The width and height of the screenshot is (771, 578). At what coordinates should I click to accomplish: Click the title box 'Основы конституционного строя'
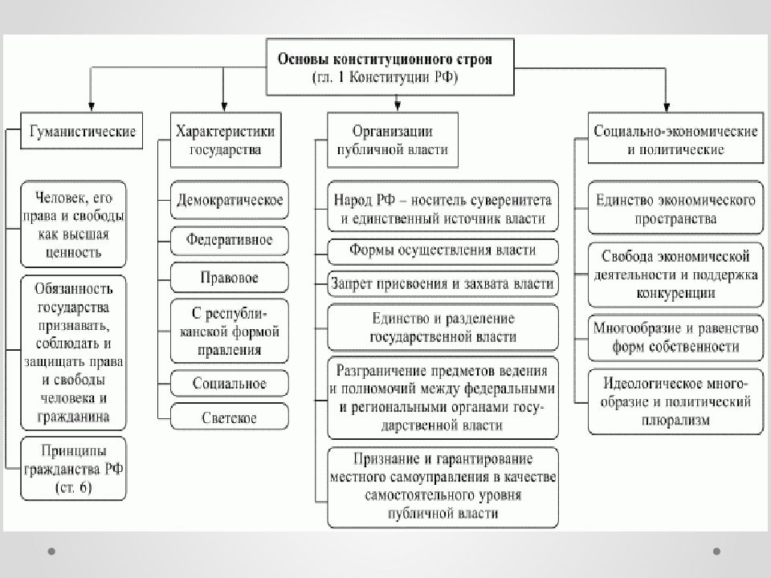click(390, 67)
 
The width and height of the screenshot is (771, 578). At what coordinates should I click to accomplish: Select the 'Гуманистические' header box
click(82, 131)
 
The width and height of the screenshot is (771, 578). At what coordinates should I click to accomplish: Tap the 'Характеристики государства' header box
click(226, 140)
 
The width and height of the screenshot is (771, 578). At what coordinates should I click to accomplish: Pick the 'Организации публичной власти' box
click(393, 140)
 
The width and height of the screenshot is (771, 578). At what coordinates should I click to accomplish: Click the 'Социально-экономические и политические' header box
click(675, 137)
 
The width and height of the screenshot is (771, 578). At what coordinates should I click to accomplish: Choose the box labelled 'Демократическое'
click(229, 200)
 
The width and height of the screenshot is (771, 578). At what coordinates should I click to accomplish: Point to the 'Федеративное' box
click(229, 241)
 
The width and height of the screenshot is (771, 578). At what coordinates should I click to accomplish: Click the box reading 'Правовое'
click(229, 278)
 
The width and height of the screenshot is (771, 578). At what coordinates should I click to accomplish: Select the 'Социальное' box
click(229, 384)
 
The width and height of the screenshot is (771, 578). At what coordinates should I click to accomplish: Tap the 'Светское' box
click(229, 417)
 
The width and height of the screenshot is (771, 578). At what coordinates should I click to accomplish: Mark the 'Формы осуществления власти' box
click(443, 251)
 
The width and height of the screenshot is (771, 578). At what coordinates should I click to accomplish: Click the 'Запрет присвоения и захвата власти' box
click(443, 284)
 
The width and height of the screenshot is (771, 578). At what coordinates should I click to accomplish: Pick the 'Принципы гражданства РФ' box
click(73, 468)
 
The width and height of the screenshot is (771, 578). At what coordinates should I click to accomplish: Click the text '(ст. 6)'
click(74, 487)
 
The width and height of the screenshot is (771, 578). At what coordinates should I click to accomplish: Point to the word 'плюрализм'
click(675, 420)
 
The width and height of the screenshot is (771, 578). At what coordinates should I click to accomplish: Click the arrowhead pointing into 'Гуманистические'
click(91, 107)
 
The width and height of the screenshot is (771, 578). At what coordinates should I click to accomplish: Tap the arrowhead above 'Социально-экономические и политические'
click(667, 107)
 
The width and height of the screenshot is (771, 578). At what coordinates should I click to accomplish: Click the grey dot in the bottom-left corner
click(51, 552)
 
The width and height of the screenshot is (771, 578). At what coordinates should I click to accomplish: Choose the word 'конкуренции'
click(675, 294)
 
